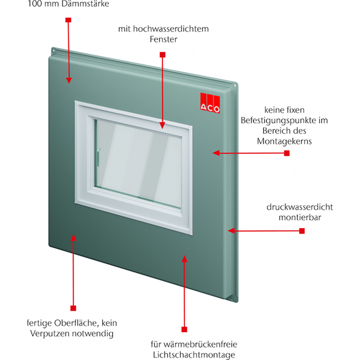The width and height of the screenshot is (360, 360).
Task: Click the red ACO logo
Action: coord(210,103)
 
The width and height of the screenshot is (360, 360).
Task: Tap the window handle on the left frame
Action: coord(98,157)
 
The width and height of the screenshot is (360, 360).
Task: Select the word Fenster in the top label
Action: coord(163,39)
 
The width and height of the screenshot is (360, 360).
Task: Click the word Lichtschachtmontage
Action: coord(194,355)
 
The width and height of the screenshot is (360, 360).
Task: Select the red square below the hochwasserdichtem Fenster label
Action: coord(163,55)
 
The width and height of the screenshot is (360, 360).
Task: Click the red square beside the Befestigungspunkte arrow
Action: coord(287,153)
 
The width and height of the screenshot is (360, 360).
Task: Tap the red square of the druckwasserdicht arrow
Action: coord(302,231)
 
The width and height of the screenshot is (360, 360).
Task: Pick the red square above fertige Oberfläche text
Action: coord(73,308)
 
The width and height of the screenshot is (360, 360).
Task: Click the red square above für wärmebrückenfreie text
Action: coord(185,329)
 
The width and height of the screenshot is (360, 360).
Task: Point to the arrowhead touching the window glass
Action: coord(163,125)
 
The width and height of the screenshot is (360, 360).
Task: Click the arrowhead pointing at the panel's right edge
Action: coord(231,231)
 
